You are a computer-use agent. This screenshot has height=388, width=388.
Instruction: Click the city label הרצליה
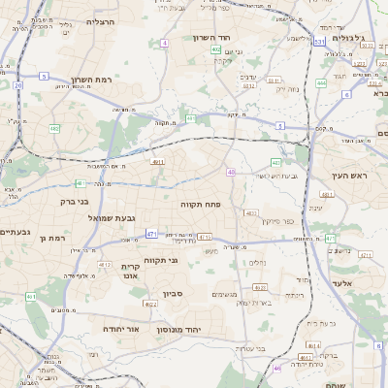[x=100, y=20]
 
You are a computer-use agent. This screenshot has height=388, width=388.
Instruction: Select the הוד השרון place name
[x=238, y=36]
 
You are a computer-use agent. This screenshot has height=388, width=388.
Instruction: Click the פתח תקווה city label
[x=201, y=205]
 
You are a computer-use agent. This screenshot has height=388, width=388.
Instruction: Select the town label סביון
[x=173, y=293]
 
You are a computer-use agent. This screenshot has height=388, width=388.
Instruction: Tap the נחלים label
[x=257, y=262]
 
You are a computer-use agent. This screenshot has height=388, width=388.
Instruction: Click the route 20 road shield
[x=17, y=85]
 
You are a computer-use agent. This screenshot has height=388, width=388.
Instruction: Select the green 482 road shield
[x=54, y=127]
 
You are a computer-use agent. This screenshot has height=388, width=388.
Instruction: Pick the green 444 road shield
[x=321, y=83]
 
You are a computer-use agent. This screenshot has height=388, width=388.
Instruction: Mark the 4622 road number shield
[x=150, y=304]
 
